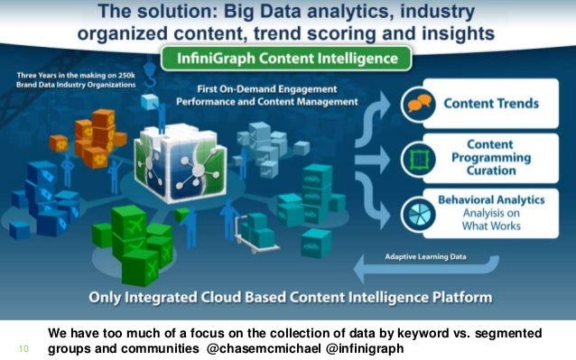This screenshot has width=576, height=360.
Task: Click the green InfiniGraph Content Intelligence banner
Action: [287, 60]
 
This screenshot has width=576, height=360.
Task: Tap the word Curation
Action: [491, 170]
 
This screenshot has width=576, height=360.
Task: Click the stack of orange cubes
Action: [97, 134]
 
